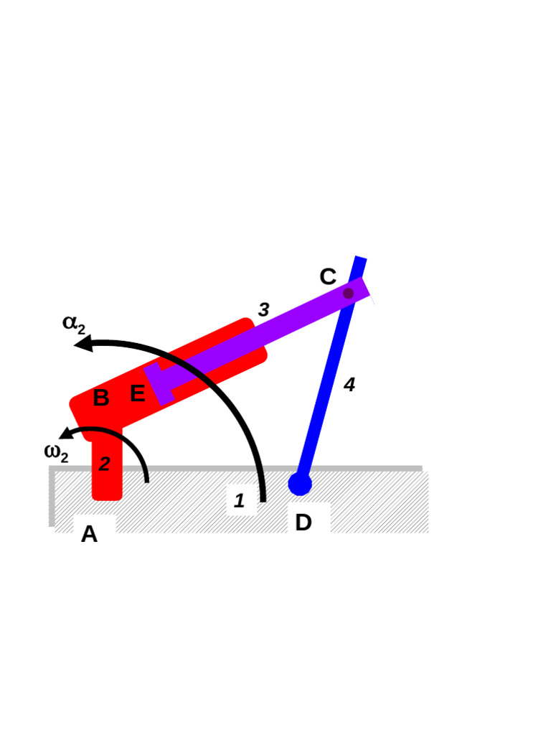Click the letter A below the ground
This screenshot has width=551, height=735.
click(89, 534)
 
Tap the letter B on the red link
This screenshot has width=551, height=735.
click(101, 398)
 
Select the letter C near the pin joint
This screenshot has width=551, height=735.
click(327, 277)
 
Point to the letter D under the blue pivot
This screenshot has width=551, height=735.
click(303, 523)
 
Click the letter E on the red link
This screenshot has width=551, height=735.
click(137, 394)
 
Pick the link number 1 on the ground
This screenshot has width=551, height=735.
click(240, 501)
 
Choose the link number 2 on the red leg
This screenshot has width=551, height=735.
click(105, 464)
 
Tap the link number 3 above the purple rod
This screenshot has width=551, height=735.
click(263, 310)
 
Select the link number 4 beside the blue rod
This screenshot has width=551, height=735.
click(349, 385)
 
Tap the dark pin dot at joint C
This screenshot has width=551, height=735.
click(349, 294)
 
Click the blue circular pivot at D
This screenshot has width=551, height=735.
click(300, 484)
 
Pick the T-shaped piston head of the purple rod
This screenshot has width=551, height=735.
click(159, 383)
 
